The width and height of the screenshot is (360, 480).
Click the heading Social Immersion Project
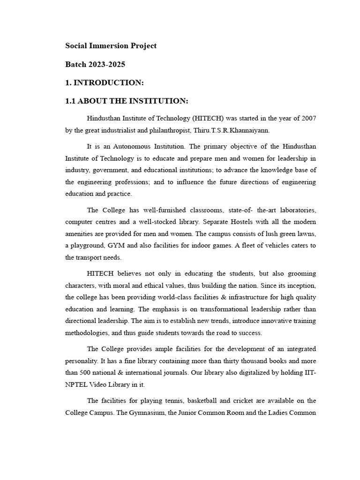click(x=111, y=46)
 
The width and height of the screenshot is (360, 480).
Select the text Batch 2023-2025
click(x=95, y=64)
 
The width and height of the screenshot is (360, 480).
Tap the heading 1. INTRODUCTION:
click(x=104, y=82)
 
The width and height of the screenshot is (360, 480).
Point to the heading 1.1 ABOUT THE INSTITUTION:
click(x=127, y=101)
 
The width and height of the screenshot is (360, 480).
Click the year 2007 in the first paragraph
click(x=308, y=118)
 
